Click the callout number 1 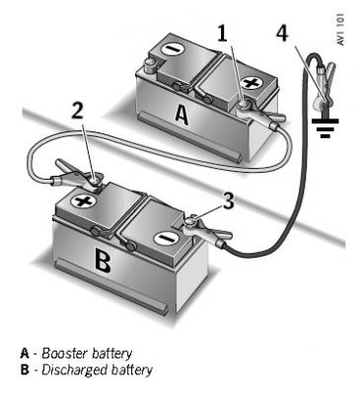[x=223, y=33]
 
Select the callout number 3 [x=229, y=200]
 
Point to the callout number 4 [x=282, y=33]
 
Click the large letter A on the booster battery [x=181, y=115]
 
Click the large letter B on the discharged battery [x=103, y=260]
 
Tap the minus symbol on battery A [x=171, y=49]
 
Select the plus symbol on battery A [x=251, y=82]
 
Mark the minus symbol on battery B [x=164, y=238]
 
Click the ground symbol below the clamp [x=325, y=127]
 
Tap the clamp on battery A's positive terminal [x=260, y=117]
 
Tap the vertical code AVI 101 [x=340, y=30]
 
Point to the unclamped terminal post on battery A [x=151, y=65]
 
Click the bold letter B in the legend [x=25, y=370]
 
